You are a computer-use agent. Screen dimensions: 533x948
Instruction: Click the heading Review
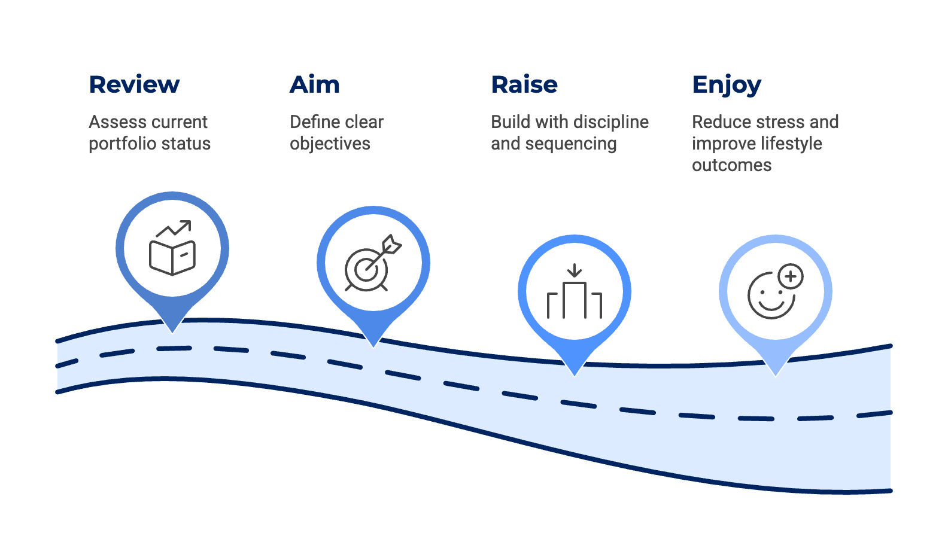tap(134, 85)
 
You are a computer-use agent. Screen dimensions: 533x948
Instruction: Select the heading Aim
tap(315, 85)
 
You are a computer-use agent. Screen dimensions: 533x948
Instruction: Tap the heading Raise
tap(524, 85)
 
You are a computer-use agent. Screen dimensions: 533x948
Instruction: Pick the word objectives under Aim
tap(330, 144)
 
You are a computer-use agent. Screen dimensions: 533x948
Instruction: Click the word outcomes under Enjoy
tap(731, 166)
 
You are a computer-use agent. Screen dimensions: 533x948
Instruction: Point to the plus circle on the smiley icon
tap(791, 276)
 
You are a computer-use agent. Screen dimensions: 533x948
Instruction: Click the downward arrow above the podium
tap(575, 270)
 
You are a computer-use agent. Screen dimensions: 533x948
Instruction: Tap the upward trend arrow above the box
tap(174, 229)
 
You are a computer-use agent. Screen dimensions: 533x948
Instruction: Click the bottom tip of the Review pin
tap(172, 331)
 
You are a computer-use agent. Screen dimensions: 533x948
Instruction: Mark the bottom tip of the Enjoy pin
tap(776, 374)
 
